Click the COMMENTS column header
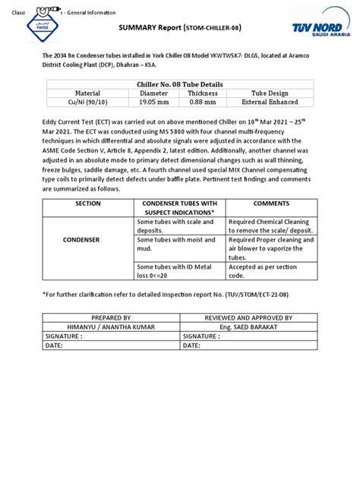point(266,204)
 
